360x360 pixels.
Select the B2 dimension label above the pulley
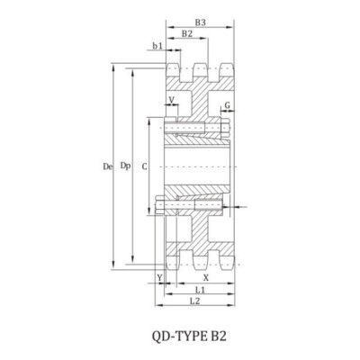point(186,33)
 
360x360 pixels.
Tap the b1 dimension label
point(157,44)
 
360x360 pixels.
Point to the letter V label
point(172,100)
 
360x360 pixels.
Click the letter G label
point(228,105)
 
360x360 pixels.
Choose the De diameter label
point(107,166)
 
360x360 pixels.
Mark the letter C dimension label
point(145,166)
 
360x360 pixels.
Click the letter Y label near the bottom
point(159,278)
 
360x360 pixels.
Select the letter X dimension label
point(206,278)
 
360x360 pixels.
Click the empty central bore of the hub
point(193,166)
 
